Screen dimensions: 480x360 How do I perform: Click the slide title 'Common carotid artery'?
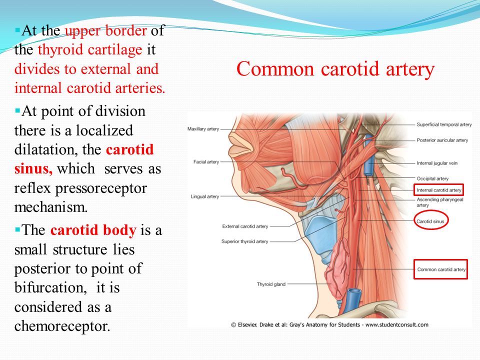point(335,69)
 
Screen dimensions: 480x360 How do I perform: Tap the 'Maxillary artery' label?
point(203,129)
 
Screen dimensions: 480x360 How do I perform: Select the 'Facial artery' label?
point(206,161)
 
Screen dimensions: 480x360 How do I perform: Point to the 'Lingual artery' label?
point(205,196)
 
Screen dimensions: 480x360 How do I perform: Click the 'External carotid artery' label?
point(245,226)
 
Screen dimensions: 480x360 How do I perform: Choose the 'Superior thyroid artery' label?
point(244,241)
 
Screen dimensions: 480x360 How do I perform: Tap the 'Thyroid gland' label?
point(271,284)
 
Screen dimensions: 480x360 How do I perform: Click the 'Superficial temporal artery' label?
point(444,124)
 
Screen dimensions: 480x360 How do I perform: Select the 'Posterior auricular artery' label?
point(442,140)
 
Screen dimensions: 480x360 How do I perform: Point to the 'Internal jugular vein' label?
point(437,163)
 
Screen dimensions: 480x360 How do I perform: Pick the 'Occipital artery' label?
point(432,178)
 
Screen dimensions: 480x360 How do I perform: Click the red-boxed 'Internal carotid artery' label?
point(438,190)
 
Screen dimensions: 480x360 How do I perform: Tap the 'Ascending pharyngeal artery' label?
point(440,202)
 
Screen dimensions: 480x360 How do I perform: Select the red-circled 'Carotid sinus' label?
point(430,221)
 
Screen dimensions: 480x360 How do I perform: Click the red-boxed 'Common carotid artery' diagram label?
point(441,269)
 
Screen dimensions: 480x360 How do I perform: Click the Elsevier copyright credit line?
point(329,324)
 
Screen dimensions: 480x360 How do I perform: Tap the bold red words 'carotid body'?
point(93,230)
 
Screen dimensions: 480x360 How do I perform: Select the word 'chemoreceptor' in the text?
point(62,326)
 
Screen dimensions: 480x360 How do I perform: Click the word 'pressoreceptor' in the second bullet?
point(101,188)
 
